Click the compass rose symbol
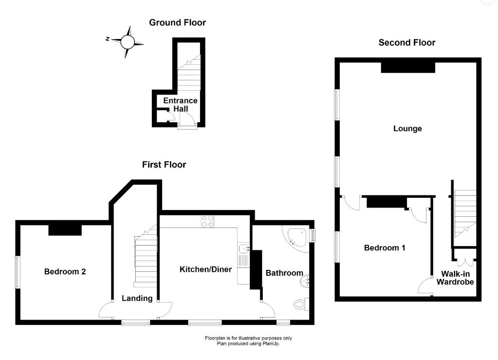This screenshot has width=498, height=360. click(x=127, y=41)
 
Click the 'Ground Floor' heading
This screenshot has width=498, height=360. click(x=177, y=22)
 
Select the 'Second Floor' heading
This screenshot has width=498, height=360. click(x=407, y=42)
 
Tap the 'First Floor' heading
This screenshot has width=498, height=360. click(x=164, y=165)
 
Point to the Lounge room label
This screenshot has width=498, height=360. click(x=407, y=129)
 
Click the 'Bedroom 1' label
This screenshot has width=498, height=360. click(x=385, y=247)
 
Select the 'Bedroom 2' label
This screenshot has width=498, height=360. click(x=65, y=271)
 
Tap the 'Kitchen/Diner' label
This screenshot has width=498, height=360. click(x=205, y=269)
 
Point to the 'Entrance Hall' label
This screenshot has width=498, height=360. click(x=180, y=104)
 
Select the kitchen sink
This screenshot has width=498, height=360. click(x=243, y=249)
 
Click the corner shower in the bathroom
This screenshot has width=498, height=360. click(x=295, y=239)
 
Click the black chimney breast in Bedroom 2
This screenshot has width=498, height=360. click(x=65, y=228)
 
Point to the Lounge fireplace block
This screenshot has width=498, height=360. click(x=407, y=67)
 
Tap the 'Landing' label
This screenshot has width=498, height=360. click(x=137, y=298)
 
